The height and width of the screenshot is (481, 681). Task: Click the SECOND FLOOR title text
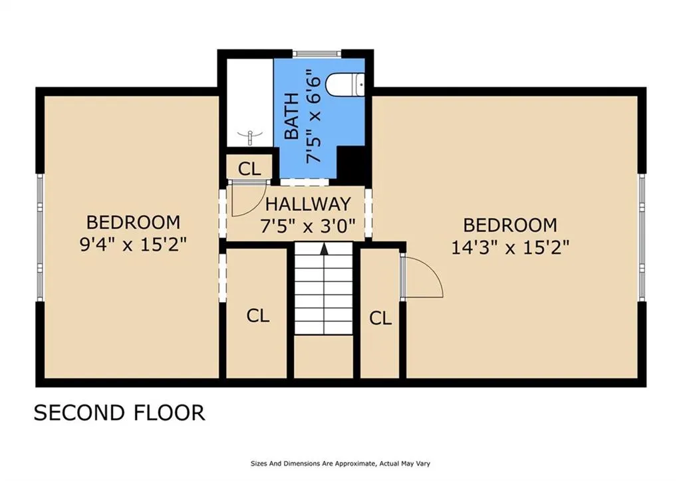coord(119,412)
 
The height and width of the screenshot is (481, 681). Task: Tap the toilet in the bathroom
coord(346,86)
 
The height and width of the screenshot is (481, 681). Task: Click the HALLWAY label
coord(308,204)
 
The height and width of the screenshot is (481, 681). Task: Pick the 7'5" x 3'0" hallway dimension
coord(308,226)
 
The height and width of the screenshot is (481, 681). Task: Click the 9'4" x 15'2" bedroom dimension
coord(133,245)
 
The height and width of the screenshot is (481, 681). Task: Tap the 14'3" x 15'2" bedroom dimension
coord(510,247)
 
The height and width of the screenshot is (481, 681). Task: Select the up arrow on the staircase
coord(324,249)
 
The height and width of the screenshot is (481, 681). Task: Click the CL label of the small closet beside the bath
coord(249,168)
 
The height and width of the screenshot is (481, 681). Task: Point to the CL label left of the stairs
coord(258,316)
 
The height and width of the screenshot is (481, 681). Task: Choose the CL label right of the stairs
coord(380,319)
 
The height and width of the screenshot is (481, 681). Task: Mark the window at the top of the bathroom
coord(317,53)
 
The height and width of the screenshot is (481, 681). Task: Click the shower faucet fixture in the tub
coord(250,136)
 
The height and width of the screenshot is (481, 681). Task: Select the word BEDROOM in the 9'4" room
coord(133,222)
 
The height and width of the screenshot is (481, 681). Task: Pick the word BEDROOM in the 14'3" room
coord(510,226)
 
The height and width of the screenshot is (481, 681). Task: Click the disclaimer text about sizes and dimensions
coord(340,464)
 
